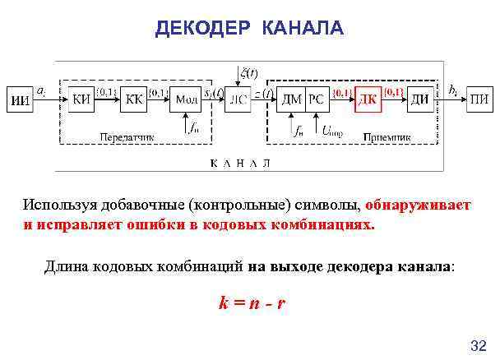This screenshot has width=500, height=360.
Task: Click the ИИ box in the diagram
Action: point(22,99)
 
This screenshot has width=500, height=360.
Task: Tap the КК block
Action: point(135,99)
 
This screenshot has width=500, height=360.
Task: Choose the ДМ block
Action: point(290,99)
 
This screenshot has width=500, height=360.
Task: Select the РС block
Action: point(317,99)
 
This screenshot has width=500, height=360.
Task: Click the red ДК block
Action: point(368,99)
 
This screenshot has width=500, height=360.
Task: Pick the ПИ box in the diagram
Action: point(479,99)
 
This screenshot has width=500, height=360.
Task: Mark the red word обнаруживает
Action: point(418,205)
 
